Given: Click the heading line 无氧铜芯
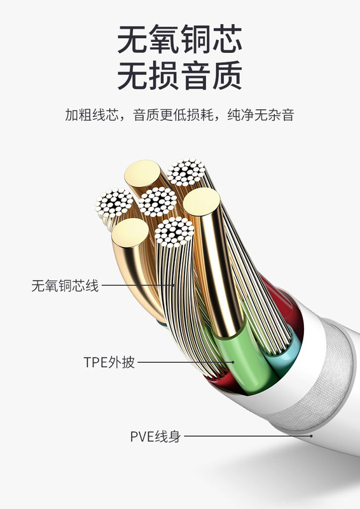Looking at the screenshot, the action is coord(179,39).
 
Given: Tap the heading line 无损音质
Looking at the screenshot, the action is coord(179,75).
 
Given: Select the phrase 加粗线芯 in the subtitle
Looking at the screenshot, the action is coord(92,115).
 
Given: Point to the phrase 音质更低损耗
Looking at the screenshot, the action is coord(173,115).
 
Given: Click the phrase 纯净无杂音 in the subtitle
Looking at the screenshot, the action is coord(261,115).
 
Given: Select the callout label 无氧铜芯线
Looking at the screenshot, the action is coord(65,286).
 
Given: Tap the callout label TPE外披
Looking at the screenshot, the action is coord(109,362).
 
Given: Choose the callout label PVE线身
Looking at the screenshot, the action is coord(155,436).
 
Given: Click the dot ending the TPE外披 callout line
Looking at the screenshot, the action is coord(233,362).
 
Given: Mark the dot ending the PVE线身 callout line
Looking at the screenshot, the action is coord(311,436).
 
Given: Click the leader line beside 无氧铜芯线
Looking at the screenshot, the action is coord(138,286).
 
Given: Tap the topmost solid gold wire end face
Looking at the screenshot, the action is coord(142,173).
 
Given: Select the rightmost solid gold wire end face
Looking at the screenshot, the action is coord(202,202).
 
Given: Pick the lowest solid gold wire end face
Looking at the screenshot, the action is coord(130,233).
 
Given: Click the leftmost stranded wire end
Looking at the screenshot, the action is coord(114,203).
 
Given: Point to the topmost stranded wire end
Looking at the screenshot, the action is coord(186,172).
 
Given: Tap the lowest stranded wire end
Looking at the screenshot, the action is coord(174,232).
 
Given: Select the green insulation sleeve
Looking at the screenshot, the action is coord(244,360).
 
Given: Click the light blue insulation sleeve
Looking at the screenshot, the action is coord(282,352).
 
